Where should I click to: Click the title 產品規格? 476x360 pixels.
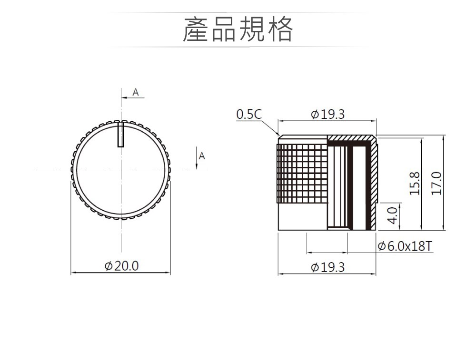pos(238,29)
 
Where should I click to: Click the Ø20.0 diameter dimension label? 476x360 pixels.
pos(121,266)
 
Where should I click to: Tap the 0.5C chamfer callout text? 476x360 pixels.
pos(248,114)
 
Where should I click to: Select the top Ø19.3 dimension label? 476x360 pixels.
pos(328,114)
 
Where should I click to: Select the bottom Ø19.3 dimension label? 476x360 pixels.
pos(328,267)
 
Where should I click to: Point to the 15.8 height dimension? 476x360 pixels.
pos(415,183)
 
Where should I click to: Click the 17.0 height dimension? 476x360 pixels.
pos(436,183)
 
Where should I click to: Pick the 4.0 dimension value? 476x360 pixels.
pos(393,215)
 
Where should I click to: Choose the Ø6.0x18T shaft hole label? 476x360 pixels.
pos(405,246)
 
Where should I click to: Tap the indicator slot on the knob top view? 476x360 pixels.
pos(121,135)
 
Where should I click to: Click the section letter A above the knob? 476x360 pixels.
pos(136,92)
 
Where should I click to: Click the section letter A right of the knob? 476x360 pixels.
pos(202,156)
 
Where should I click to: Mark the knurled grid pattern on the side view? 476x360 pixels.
pos(302,173)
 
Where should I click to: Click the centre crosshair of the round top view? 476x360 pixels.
pos(121,170)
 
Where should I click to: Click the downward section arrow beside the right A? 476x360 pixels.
pos(197,158)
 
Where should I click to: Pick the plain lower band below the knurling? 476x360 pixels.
pos(303,216)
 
